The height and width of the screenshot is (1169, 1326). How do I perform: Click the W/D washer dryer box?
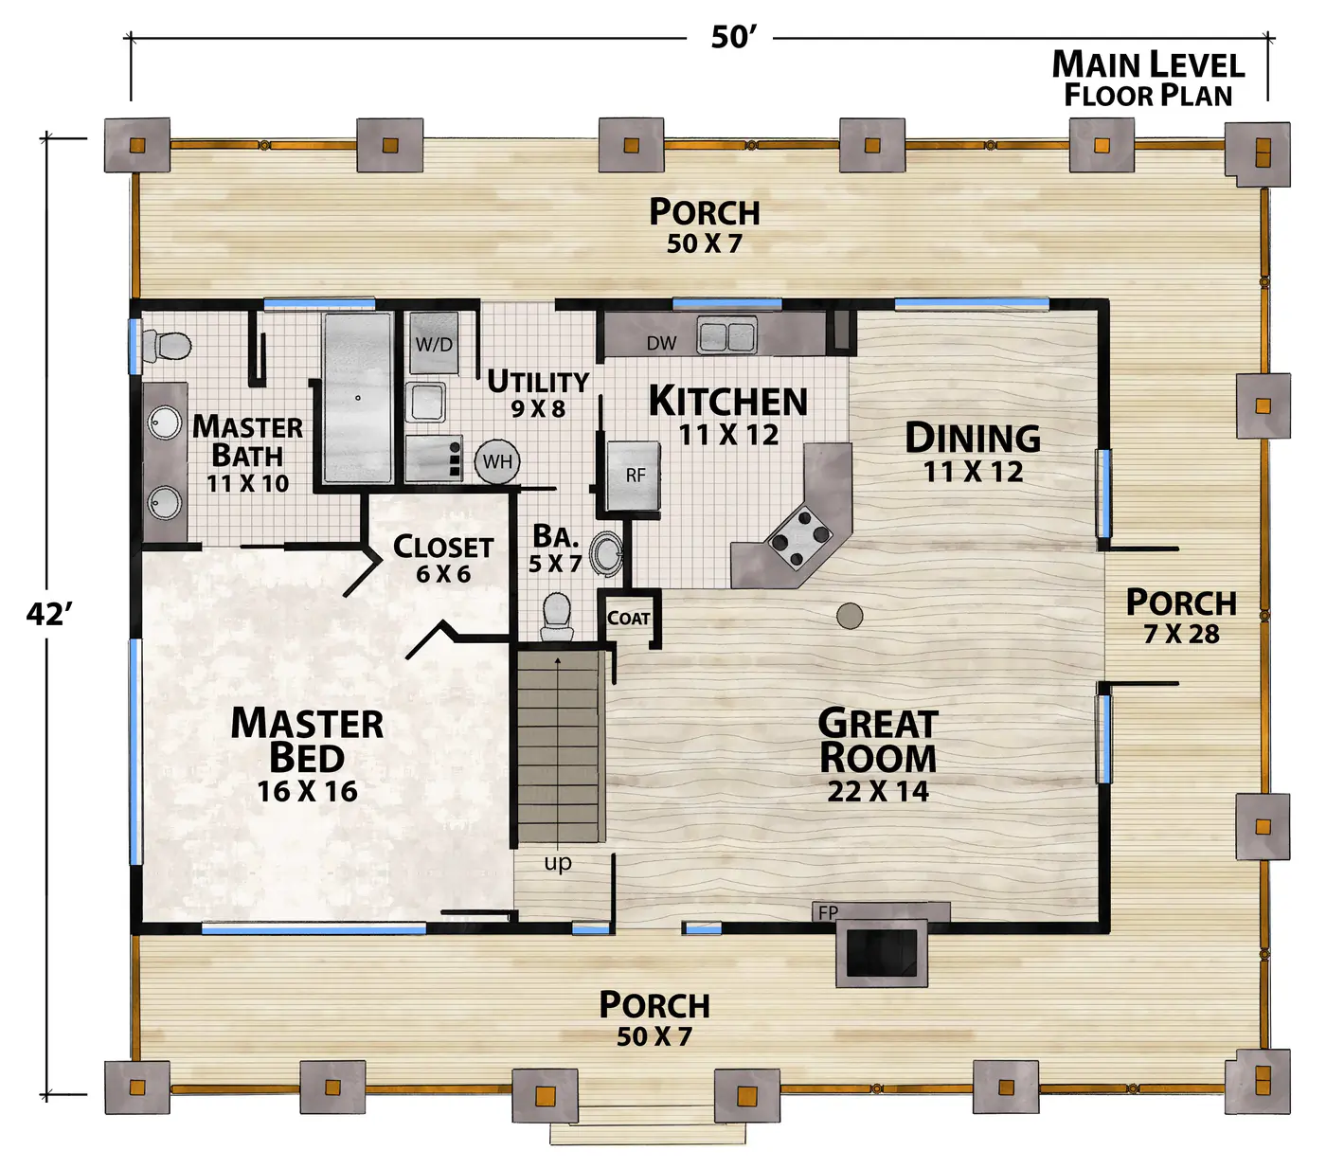(433, 342)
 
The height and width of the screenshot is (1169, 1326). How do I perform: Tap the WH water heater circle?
(497, 461)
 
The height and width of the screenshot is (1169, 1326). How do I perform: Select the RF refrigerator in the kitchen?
(634, 476)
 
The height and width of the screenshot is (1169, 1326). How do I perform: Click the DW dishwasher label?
(661, 343)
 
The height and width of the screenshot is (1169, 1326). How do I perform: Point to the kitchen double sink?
(726, 335)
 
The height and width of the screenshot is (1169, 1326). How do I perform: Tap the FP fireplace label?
(828, 911)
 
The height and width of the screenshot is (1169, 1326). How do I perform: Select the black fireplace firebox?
(881, 953)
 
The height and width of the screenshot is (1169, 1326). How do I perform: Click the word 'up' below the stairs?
(558, 863)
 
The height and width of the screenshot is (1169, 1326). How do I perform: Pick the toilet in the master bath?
(167, 345)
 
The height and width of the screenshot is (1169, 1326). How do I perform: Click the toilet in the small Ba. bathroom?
(557, 618)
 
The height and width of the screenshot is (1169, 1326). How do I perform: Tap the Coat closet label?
(628, 618)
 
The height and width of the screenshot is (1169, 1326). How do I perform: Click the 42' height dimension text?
(49, 614)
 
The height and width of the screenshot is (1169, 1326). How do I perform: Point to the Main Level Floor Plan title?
(1148, 79)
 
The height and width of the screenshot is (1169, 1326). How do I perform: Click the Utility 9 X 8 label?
(538, 394)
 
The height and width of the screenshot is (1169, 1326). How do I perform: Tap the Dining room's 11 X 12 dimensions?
(973, 472)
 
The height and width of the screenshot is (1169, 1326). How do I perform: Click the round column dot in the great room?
(850, 615)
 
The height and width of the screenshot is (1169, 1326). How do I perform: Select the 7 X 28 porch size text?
(1181, 634)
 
